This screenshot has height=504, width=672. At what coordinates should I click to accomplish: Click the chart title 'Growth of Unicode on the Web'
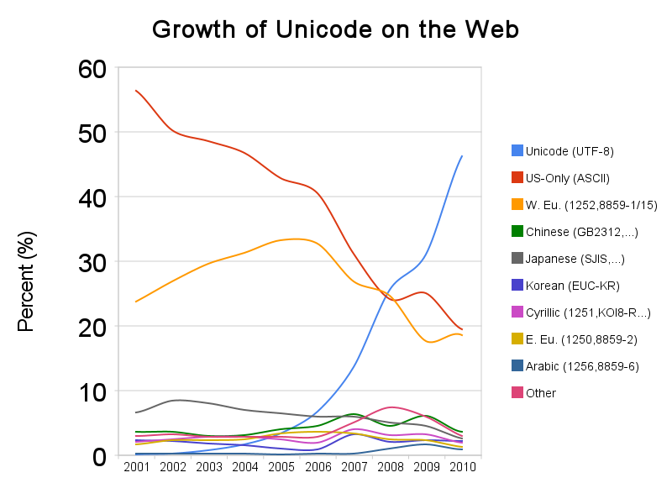(335, 29)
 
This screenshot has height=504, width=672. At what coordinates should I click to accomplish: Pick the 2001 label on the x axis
(136, 466)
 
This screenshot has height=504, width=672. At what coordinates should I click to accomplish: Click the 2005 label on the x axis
(281, 466)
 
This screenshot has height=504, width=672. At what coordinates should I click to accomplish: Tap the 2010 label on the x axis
(462, 466)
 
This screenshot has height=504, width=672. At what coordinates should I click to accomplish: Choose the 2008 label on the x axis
(390, 466)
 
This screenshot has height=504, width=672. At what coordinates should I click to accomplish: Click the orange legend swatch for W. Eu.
(517, 204)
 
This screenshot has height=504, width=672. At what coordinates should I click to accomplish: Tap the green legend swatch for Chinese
(517, 231)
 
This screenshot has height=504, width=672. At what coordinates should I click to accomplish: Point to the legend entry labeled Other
(540, 393)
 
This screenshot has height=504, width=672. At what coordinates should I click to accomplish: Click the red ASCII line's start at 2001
(136, 91)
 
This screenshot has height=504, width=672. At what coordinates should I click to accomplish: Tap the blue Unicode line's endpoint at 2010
(462, 156)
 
